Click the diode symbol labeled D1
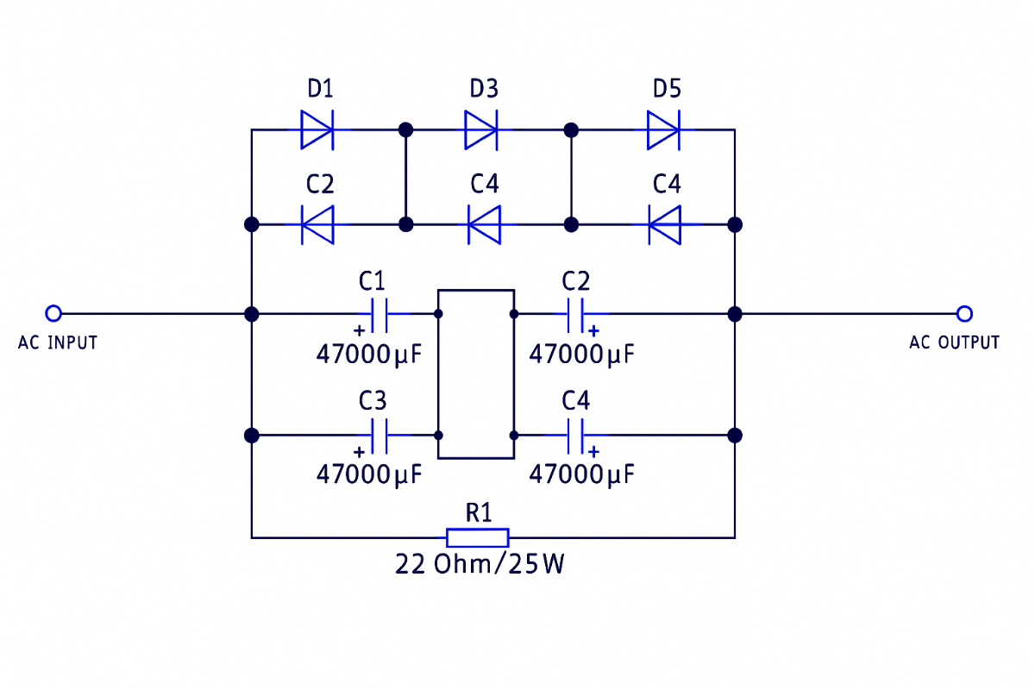pos(317,130)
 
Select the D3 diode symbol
pos(481,130)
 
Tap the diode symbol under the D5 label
pos(663,130)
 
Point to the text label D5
pos(667,89)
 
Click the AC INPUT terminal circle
pos(53,313)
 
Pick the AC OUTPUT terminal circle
pos(964,314)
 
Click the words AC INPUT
pos(58,342)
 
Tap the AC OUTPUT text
pos(954,342)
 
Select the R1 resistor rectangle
pos(478,538)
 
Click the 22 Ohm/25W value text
pos(480,564)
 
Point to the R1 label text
pos(479,513)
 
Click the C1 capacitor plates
pos(379,316)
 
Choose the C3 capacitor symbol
pos(379,436)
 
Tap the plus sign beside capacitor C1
pos(359,330)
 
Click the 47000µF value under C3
pos(369,474)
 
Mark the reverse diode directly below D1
pos(317,225)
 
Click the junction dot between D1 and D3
pos(405,130)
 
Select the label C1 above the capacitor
pos(372,281)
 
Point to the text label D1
pos(320,89)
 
